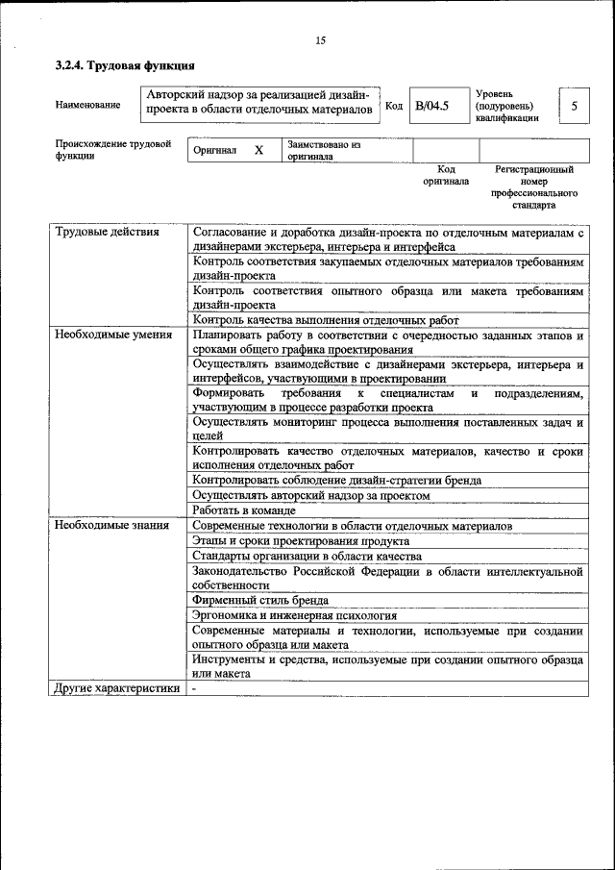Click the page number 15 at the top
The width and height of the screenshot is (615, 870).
(x=321, y=39)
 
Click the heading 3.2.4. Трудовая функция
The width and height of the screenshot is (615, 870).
(x=125, y=66)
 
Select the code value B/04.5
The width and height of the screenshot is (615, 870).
(x=431, y=105)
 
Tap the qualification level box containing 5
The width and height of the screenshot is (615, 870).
(x=574, y=105)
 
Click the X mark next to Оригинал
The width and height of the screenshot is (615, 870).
(x=258, y=151)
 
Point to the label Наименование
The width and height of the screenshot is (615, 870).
(x=88, y=105)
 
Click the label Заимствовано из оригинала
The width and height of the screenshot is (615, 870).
(x=322, y=150)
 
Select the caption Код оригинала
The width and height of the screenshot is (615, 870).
(x=446, y=175)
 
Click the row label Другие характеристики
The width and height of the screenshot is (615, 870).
(x=116, y=688)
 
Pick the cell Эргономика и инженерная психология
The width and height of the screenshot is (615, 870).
(x=294, y=615)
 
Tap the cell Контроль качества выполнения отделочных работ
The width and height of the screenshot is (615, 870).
(x=326, y=320)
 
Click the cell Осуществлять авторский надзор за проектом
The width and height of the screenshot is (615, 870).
(x=310, y=495)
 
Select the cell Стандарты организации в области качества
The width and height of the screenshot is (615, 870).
(x=307, y=556)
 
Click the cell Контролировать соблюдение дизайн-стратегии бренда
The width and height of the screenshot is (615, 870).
(x=336, y=480)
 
